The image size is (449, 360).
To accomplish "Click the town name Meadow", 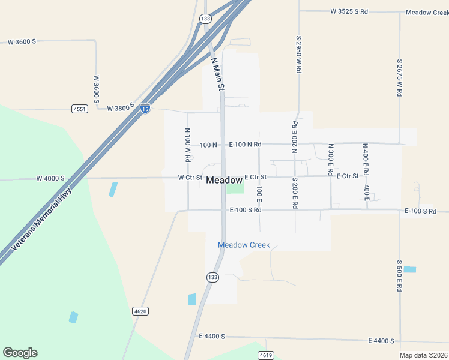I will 224,180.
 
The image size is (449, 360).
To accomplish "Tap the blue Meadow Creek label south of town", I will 244,245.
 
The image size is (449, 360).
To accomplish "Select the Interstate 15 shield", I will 145,108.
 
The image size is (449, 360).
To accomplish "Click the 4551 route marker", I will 79,109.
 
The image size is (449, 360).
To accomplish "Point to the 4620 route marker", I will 140,311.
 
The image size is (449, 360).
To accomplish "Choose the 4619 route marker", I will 266,355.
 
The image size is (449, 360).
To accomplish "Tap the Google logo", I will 20,353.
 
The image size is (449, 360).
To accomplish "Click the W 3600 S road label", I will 22,41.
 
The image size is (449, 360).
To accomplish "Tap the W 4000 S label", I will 50,178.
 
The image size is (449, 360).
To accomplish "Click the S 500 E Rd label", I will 399,275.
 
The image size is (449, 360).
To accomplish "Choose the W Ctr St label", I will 190,178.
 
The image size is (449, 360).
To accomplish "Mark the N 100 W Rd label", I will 187,145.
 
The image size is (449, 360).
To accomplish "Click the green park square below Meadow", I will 235,188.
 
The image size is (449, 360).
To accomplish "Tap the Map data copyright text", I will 424,355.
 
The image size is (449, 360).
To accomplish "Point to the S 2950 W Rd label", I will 298,53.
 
